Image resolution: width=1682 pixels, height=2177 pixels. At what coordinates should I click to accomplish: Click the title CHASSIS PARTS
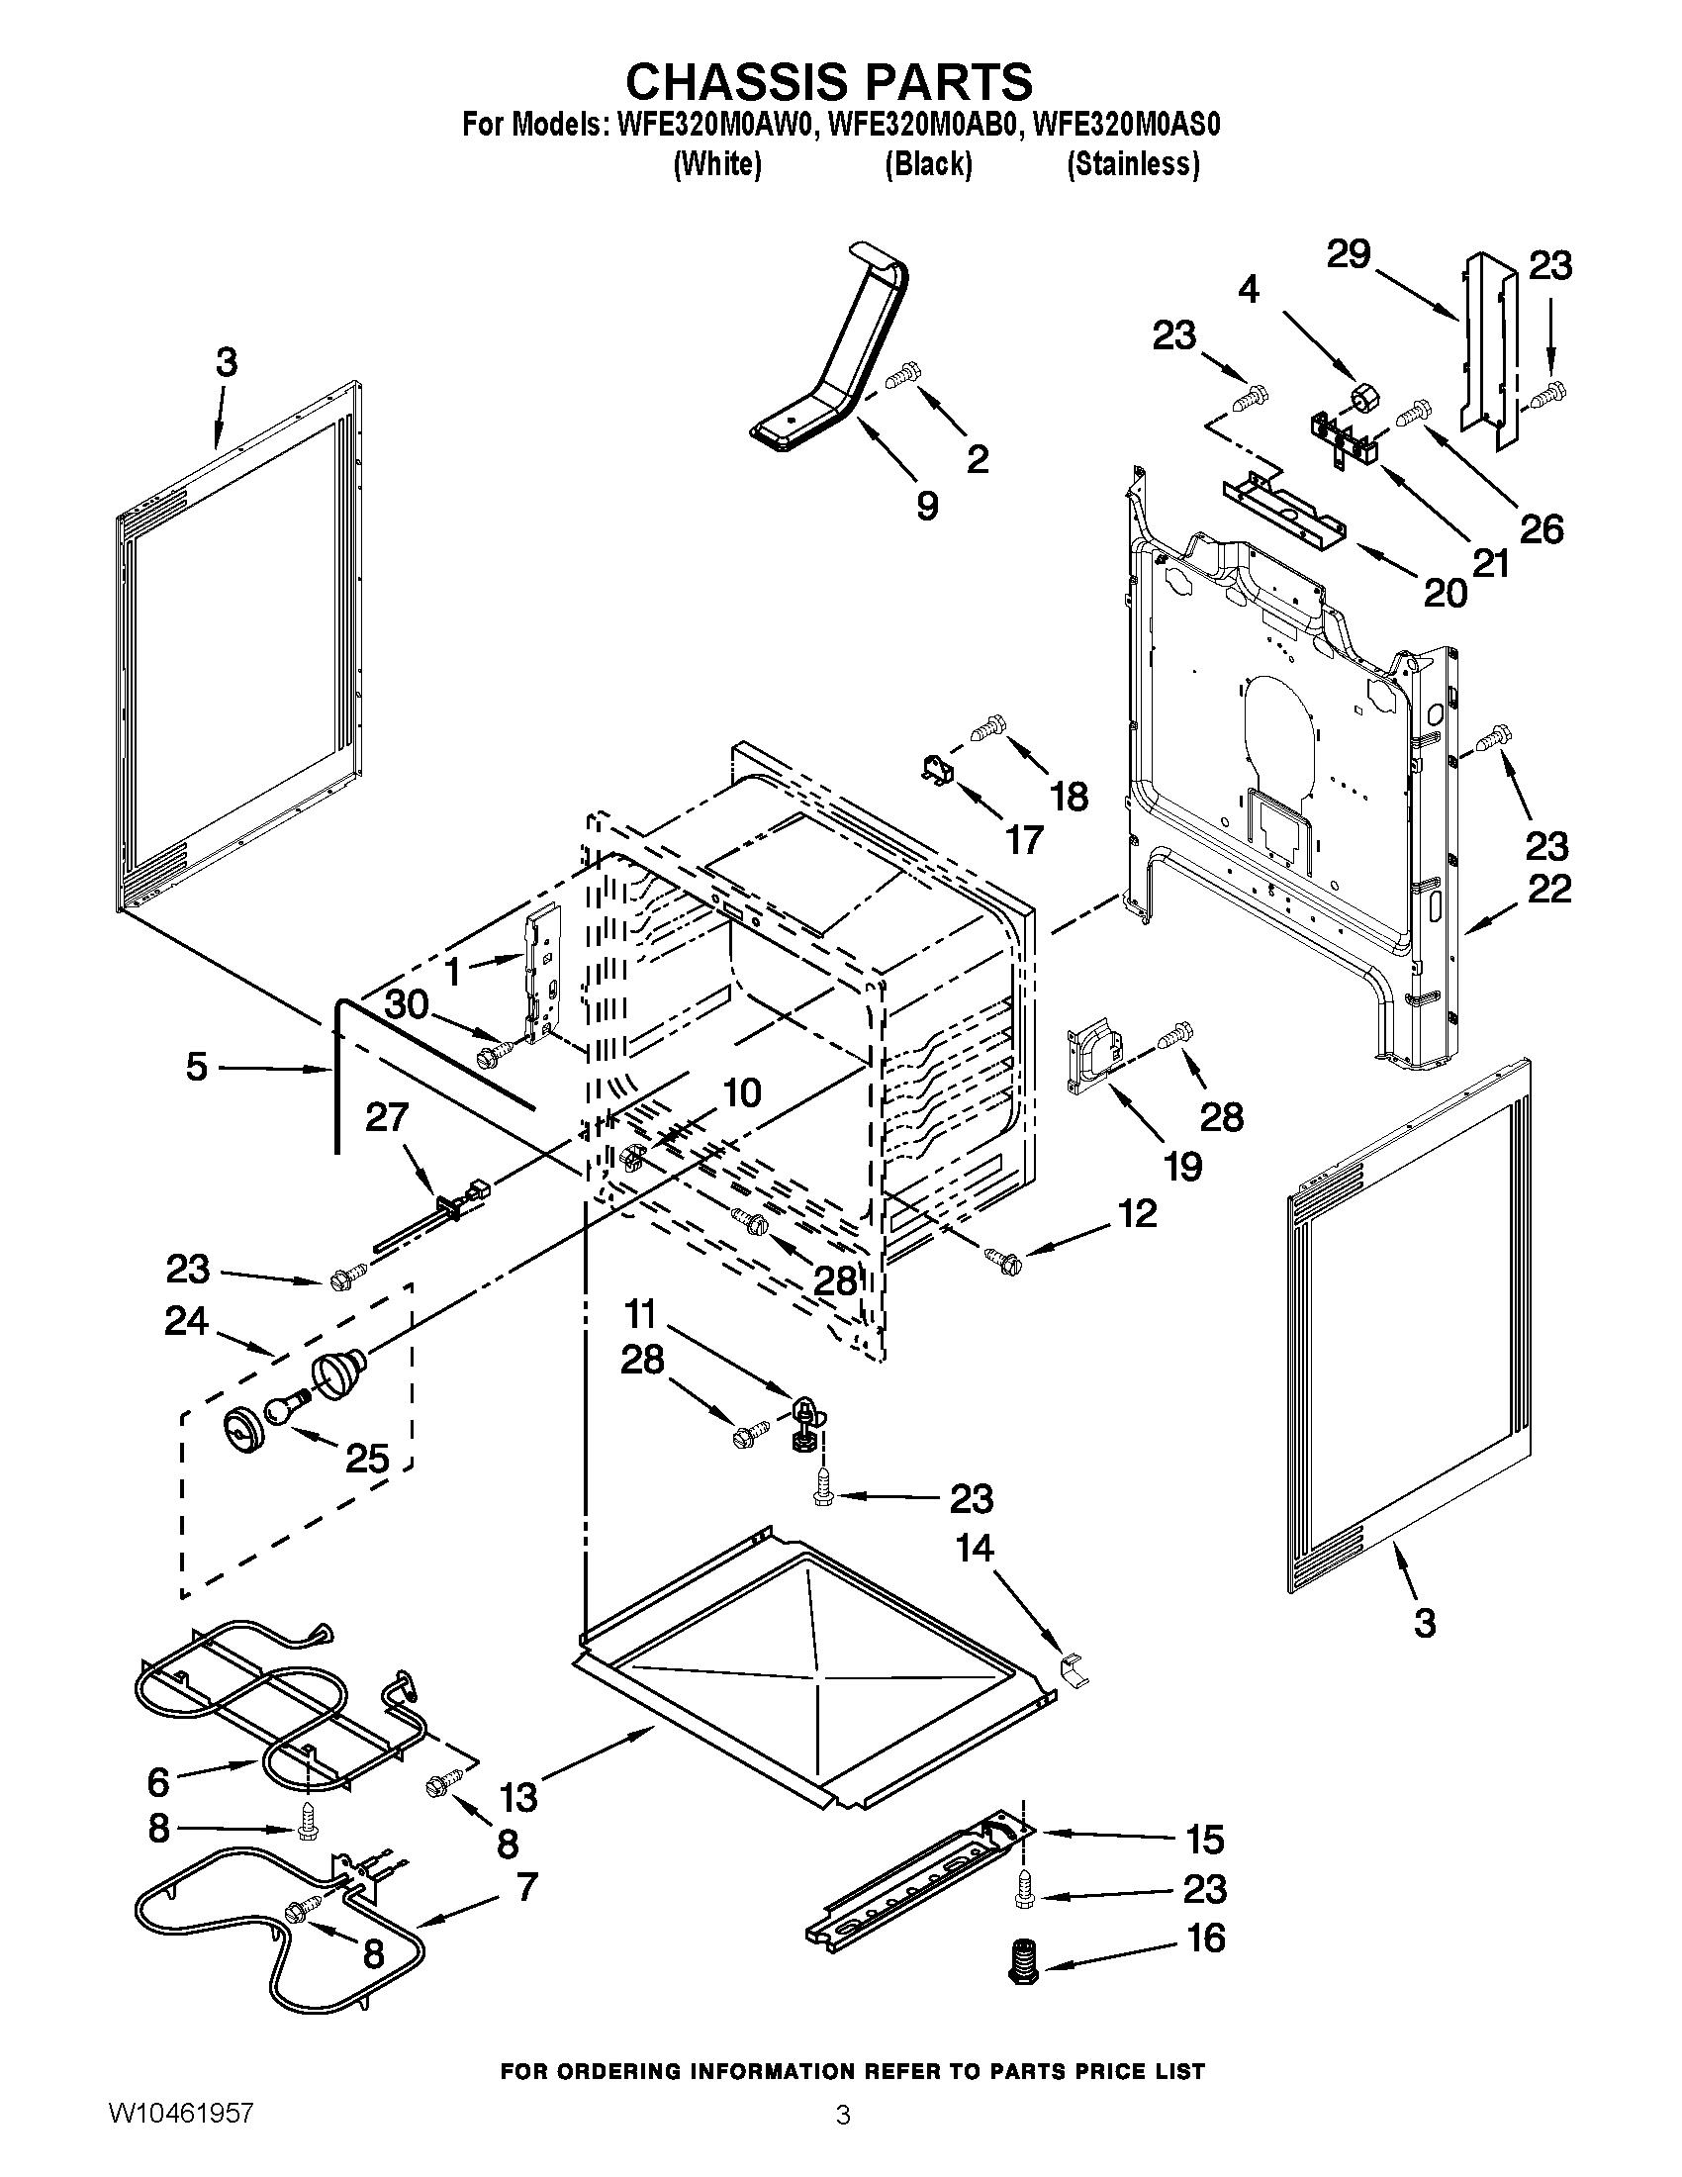(x=828, y=81)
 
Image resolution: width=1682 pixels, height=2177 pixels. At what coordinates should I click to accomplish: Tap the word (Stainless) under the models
(x=1132, y=164)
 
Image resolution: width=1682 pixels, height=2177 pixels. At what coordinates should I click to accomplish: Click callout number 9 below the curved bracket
(x=927, y=507)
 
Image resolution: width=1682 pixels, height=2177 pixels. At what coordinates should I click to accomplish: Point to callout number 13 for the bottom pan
(x=519, y=1796)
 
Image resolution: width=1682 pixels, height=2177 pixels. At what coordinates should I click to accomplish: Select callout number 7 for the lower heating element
(x=525, y=1887)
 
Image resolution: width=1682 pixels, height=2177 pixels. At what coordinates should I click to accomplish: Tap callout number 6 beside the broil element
(x=158, y=1780)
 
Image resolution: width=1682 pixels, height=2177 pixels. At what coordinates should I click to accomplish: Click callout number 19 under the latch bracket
(x=1182, y=1166)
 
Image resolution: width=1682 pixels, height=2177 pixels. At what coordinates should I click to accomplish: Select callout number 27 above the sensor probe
(x=387, y=1117)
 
